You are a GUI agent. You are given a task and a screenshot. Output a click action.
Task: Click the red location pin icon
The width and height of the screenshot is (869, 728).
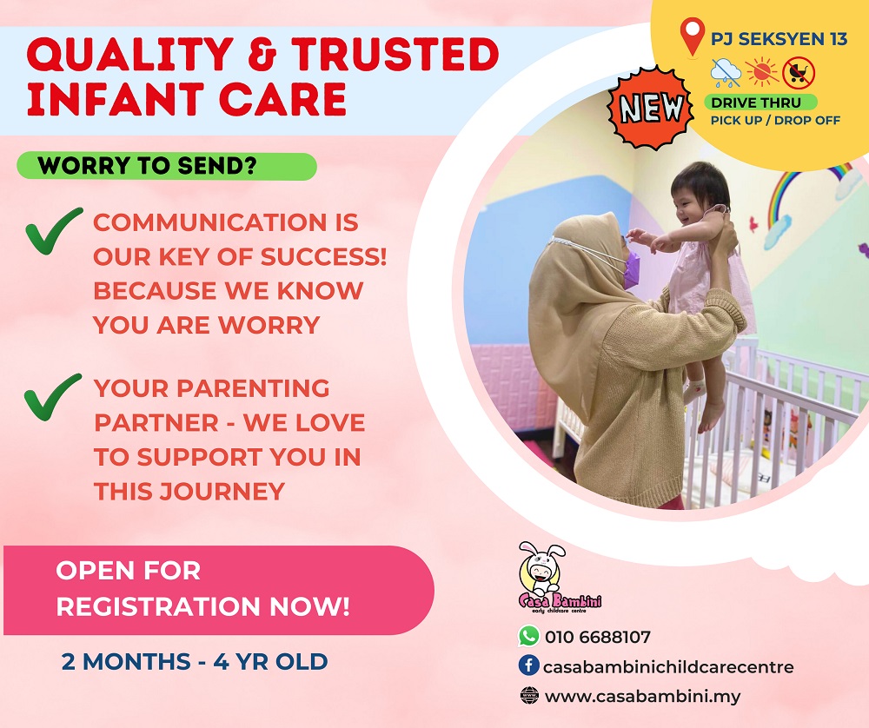[693, 36]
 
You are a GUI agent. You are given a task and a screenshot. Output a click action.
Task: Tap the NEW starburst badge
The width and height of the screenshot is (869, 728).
[651, 108]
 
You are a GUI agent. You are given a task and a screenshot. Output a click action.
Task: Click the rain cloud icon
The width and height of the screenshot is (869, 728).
[726, 73]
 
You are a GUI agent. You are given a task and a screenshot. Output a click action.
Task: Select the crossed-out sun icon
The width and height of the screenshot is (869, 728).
[762, 72]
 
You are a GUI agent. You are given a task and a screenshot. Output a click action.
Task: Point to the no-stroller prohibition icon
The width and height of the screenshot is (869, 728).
[799, 73]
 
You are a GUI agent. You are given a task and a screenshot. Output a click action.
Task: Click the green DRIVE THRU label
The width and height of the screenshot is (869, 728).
[760, 103]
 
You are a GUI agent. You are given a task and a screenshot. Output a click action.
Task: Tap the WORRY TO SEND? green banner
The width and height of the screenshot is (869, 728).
[167, 166]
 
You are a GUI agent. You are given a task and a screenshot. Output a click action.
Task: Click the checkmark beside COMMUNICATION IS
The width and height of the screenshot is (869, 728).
[54, 230]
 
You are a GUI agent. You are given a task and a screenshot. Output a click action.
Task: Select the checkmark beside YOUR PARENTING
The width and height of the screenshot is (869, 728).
[53, 397]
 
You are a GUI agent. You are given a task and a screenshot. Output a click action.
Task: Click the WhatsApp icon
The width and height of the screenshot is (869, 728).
[528, 635]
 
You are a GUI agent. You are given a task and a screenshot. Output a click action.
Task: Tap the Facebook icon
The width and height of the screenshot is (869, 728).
[528, 665]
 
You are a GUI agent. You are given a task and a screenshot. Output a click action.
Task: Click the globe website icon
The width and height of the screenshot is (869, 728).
[529, 695]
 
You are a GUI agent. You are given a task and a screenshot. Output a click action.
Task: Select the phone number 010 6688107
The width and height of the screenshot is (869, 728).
[598, 637]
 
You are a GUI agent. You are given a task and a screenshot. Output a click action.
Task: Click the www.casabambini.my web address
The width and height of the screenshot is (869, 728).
[642, 697]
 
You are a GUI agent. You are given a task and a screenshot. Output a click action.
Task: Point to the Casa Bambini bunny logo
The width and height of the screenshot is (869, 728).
[559, 577]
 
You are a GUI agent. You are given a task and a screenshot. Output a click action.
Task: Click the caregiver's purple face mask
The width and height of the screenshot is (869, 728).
[632, 270]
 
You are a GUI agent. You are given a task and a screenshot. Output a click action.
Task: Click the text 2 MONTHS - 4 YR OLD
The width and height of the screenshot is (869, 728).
[195, 661]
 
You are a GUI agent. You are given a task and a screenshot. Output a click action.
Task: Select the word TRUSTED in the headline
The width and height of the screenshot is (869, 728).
[395, 54]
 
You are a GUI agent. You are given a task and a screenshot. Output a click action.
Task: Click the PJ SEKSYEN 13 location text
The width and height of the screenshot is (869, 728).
[779, 39]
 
